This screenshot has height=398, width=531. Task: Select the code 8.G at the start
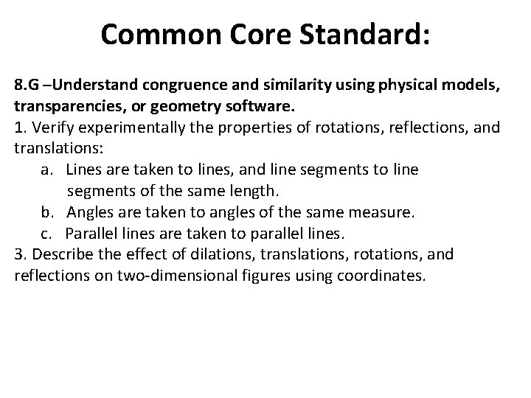pos(27,85)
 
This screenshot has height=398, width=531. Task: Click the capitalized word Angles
pos(88,212)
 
